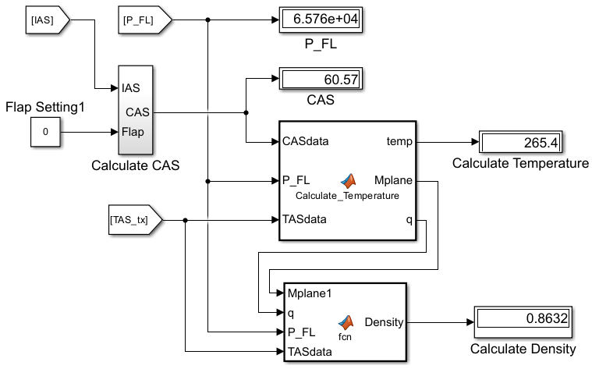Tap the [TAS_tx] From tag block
[133, 220]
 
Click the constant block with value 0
[45, 133]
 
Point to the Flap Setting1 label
[45, 105]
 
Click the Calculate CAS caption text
[135, 165]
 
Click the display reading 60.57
[321, 79]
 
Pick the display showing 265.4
[520, 143]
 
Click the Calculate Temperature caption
[520, 164]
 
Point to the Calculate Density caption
[523, 349]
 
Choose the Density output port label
[382, 321]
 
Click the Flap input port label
[133, 132]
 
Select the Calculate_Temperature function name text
[347, 195]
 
